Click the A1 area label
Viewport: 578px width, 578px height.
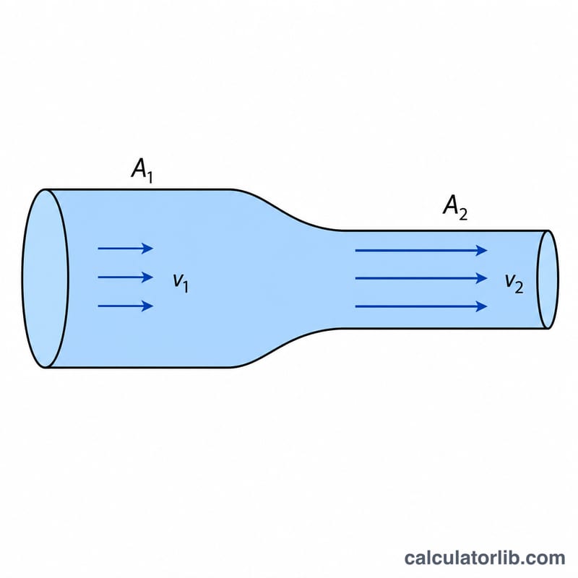pyautogui.click(x=142, y=171)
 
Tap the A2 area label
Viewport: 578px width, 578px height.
pyautogui.click(x=455, y=207)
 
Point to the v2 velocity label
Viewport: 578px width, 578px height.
pyautogui.click(x=514, y=283)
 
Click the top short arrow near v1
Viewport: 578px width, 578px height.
pyautogui.click(x=125, y=249)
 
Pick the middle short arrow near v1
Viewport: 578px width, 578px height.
pyautogui.click(x=125, y=277)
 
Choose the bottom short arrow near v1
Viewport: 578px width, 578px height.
pyautogui.click(x=125, y=306)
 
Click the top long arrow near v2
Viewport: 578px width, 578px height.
pyautogui.click(x=421, y=250)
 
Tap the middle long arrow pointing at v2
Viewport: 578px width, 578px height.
pyautogui.click(x=421, y=278)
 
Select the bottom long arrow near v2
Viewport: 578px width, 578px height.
pyautogui.click(x=421, y=306)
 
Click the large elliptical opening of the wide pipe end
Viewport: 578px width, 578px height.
pyautogui.click(x=46, y=278)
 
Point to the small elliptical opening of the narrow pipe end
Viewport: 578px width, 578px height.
pyautogui.click(x=548, y=280)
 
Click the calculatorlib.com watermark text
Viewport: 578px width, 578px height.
pyautogui.click(x=484, y=558)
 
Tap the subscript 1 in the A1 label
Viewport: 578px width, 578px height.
pyautogui.click(x=149, y=177)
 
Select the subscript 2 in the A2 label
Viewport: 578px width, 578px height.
pyautogui.click(x=463, y=215)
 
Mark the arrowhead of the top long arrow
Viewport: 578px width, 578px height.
pyautogui.click(x=481, y=250)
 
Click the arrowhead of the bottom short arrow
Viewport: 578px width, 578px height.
pyautogui.click(x=148, y=306)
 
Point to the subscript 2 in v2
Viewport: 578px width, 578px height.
pyautogui.click(x=519, y=288)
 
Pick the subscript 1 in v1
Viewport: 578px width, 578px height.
pyautogui.click(x=186, y=287)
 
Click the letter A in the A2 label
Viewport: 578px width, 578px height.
pyautogui.click(x=450, y=204)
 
